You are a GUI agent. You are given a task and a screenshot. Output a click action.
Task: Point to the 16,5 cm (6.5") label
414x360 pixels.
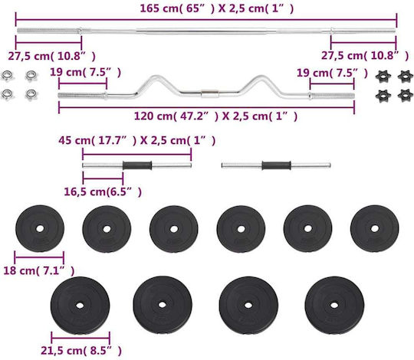click(103, 191)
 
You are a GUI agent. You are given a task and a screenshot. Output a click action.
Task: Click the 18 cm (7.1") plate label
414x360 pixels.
click(39, 270)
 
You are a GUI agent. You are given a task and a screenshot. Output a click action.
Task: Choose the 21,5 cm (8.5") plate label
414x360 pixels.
click(81, 351)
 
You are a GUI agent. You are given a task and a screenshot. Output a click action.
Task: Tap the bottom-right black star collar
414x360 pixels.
click(406, 95)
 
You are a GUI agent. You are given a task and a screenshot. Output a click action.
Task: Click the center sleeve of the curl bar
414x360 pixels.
click(210, 93)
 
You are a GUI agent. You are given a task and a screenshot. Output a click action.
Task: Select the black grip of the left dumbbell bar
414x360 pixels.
click(137, 165)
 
